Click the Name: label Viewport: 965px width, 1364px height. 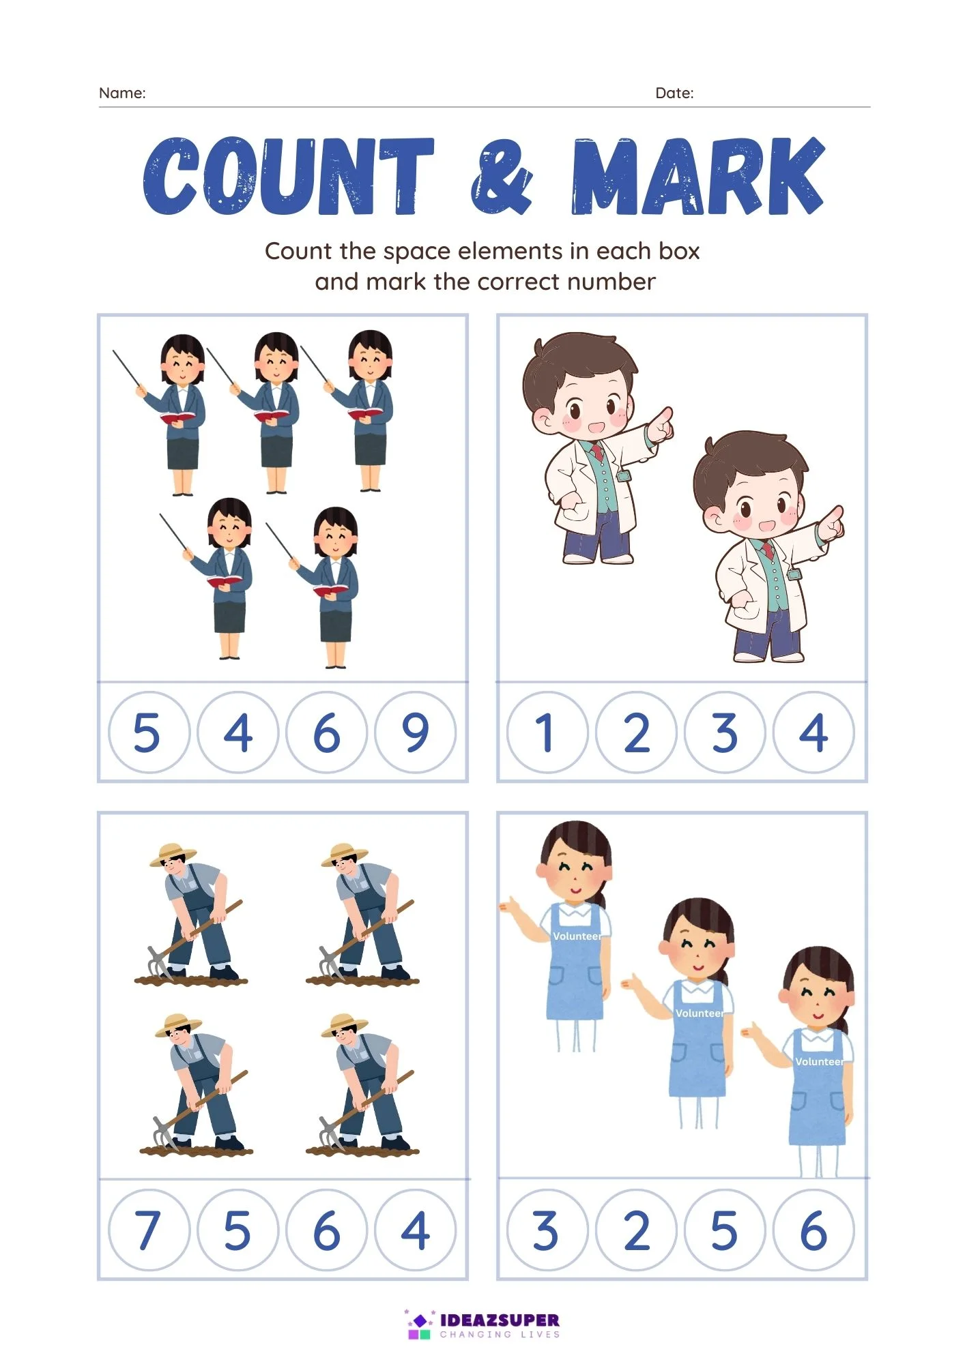(x=122, y=93)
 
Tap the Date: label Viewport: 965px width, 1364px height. (x=674, y=93)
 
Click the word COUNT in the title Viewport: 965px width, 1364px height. (x=288, y=177)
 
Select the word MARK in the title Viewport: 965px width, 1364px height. (x=698, y=176)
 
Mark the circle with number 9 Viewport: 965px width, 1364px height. (x=415, y=732)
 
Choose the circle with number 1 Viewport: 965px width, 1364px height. (x=547, y=732)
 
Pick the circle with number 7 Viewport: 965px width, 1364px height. (x=149, y=1230)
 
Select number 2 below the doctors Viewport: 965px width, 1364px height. (x=636, y=732)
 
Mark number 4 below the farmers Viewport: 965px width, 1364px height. (x=415, y=1230)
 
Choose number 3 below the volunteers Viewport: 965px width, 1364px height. (x=546, y=1230)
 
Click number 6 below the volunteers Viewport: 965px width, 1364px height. (x=813, y=1230)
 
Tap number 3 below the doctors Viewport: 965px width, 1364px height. (x=725, y=732)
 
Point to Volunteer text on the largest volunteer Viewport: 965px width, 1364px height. (x=577, y=936)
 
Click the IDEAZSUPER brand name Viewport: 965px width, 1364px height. (x=500, y=1320)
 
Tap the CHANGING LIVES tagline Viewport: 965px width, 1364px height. (x=500, y=1335)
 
